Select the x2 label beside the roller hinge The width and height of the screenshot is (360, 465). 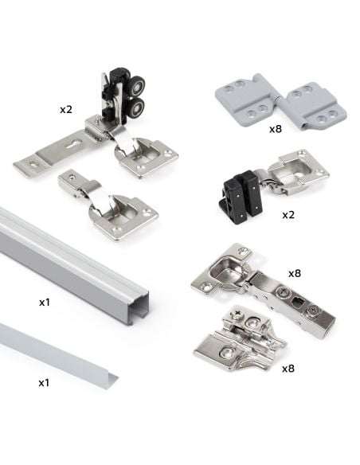click(x=66, y=108)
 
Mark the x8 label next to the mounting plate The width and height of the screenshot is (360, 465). click(x=288, y=370)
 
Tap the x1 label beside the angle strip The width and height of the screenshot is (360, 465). click(x=45, y=382)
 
